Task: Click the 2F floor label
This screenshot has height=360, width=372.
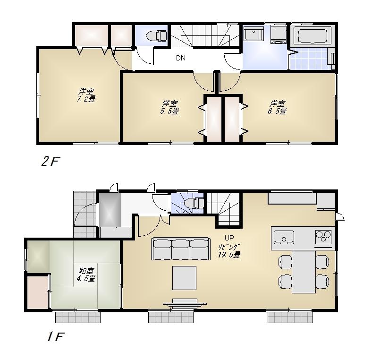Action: click(x=50, y=162)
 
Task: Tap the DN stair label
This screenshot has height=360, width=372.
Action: click(x=180, y=59)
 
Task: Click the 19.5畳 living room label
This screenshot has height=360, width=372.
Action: click(x=229, y=250)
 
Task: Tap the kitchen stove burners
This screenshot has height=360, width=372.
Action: click(x=324, y=236)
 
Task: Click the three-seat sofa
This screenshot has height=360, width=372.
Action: click(x=180, y=249)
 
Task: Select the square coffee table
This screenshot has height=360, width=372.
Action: click(x=184, y=278)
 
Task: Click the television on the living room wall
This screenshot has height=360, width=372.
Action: click(x=184, y=302)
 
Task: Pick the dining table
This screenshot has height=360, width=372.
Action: click(x=304, y=272)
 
